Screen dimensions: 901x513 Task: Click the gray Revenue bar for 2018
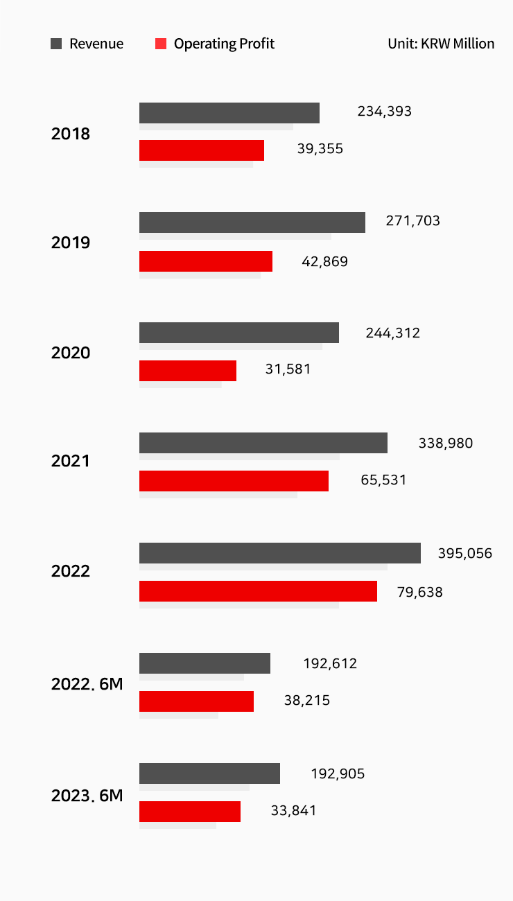click(229, 113)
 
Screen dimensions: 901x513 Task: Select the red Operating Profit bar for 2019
click(205, 261)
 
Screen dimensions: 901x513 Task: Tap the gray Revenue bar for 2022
click(279, 553)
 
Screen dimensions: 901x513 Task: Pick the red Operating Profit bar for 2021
click(234, 480)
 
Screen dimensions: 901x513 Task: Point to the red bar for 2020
click(187, 371)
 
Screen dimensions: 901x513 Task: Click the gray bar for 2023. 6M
click(209, 773)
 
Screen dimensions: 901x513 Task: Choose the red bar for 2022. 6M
click(196, 701)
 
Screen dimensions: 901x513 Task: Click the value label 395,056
click(464, 553)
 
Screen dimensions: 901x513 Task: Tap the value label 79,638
click(419, 592)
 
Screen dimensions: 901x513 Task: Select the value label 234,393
click(384, 112)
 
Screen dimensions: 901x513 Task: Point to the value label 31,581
click(288, 369)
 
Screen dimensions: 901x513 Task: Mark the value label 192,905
click(338, 774)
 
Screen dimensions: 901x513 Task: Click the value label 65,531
click(383, 480)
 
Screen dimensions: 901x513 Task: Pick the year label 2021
click(71, 461)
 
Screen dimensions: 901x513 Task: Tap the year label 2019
click(71, 243)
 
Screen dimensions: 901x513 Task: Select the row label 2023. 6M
click(87, 796)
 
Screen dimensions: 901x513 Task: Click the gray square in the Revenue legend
click(56, 44)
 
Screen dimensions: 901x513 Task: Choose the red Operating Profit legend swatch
click(161, 44)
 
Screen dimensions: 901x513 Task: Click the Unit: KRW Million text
click(441, 44)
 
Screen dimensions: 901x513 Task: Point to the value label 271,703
click(412, 221)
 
